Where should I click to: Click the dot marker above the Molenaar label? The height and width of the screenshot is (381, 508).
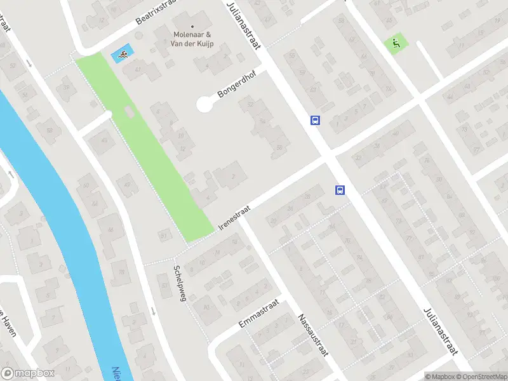coord(193,27)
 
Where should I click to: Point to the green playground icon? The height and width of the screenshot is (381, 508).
coord(395,44)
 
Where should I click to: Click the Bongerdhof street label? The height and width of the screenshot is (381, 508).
coord(235,85)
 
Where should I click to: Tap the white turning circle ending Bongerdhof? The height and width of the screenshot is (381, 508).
coord(204,105)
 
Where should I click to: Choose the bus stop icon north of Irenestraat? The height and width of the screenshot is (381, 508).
coord(315,120)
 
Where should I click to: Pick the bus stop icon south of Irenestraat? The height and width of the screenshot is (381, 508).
coord(340,190)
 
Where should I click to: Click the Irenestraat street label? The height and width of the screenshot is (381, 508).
coord(234,217)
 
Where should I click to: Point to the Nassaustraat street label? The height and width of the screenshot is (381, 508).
coord(313,334)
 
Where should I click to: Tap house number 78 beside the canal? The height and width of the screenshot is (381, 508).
coord(121,273)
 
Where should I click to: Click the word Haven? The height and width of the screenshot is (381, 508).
coord(8,324)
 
